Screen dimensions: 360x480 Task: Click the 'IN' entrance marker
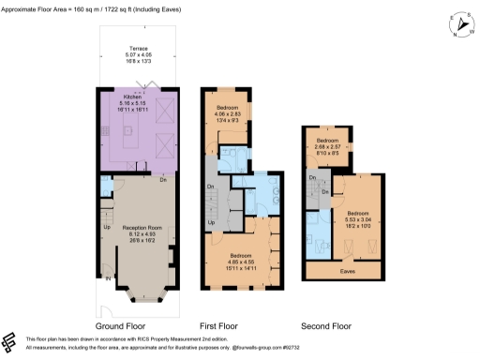click(x=107, y=278)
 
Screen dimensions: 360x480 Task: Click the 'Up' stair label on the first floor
click(x=211, y=222)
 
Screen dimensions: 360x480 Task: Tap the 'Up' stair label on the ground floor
click(x=106, y=227)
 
